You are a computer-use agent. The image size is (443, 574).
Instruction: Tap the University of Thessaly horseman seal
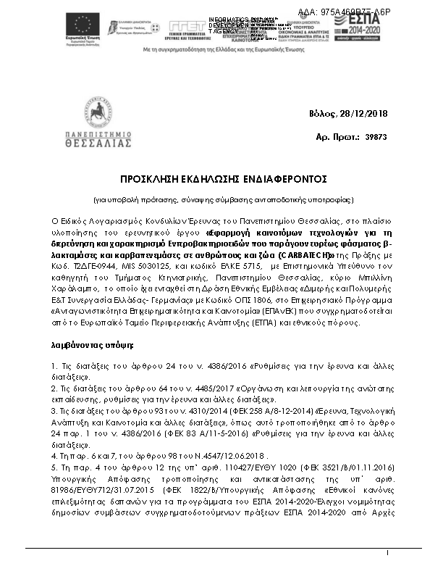97,114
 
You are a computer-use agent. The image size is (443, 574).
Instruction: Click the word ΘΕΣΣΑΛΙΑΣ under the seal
97,144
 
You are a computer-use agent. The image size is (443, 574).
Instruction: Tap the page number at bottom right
388,554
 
